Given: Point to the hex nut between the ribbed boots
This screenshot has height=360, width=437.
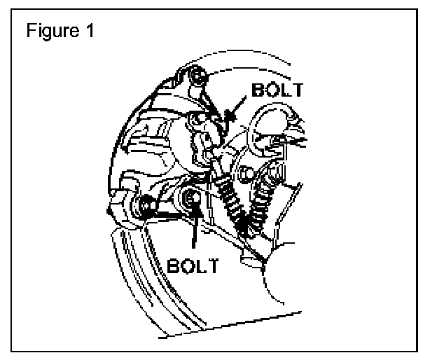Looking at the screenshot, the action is pyautogui.click(x=245, y=172).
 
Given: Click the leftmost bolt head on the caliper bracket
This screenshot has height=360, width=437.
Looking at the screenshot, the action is pyautogui.click(x=146, y=205).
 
